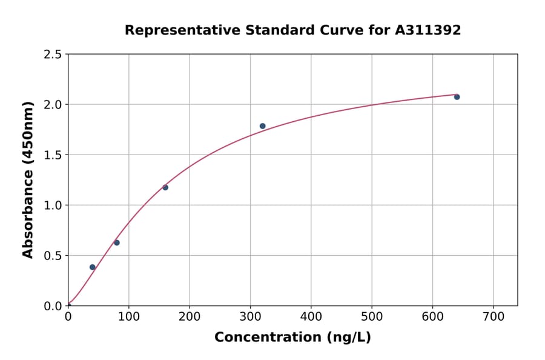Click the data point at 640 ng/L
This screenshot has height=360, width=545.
tap(457, 97)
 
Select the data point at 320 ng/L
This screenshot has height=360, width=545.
tap(262, 126)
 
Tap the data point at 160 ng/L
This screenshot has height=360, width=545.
tap(165, 187)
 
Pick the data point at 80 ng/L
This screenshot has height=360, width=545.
tap(117, 242)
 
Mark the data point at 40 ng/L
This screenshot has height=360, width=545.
tap(93, 267)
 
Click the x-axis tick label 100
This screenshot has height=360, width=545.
tap(128, 316)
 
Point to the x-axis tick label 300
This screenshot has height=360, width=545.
tap(250, 316)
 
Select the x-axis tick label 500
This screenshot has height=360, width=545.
tap(372, 316)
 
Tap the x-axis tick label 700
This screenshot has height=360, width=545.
tap(493, 316)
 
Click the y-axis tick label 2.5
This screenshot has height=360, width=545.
tap(53, 55)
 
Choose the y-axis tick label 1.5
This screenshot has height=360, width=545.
tap(53, 155)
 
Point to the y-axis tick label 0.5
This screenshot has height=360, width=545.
tap(53, 256)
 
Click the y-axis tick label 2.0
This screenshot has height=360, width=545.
tap(53, 105)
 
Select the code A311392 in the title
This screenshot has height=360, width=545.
tap(428, 30)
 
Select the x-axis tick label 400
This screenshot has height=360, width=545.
tap(311, 316)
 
